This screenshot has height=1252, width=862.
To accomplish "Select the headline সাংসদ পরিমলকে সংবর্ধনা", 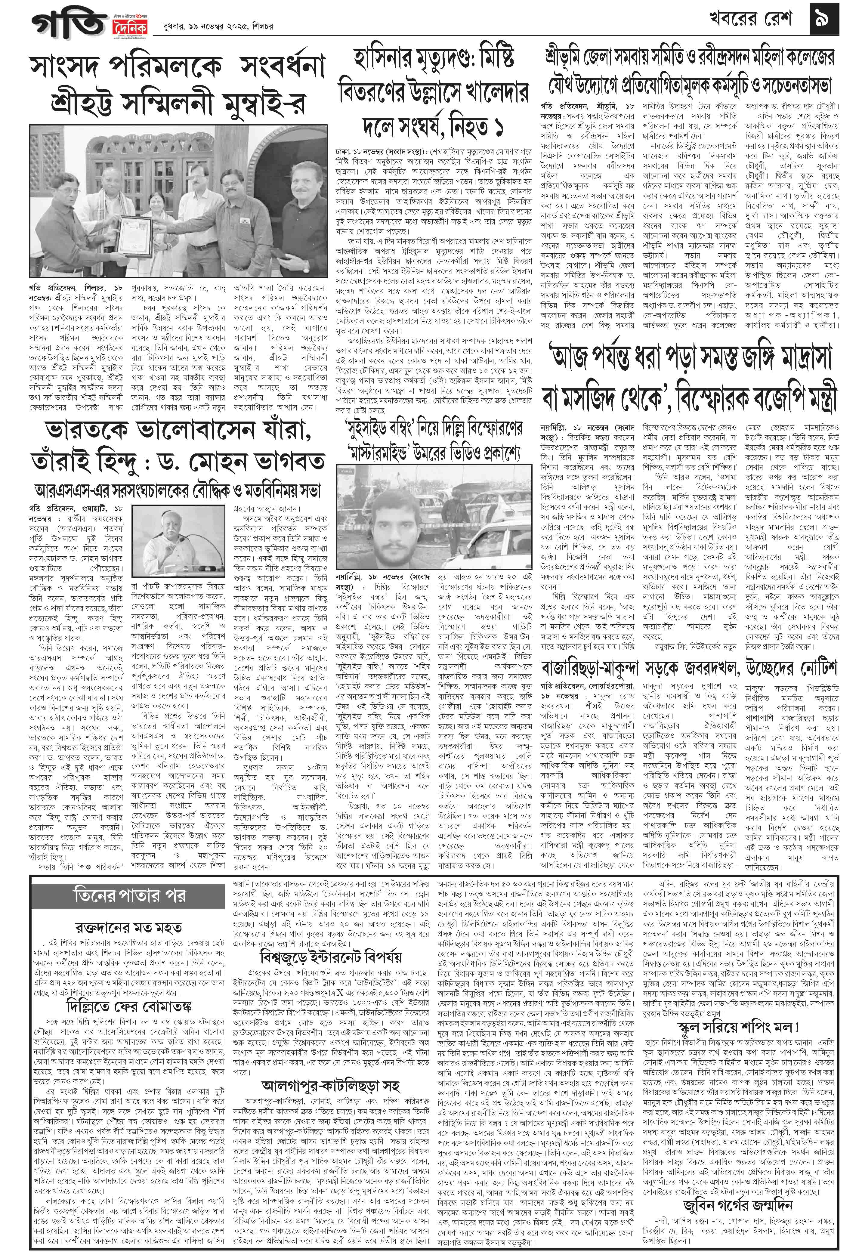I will pos(178,67).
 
